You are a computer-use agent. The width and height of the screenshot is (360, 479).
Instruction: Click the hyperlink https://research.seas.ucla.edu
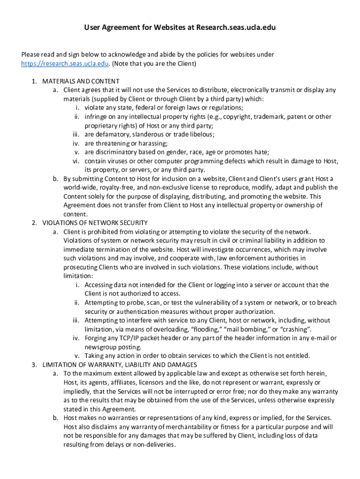(x=65, y=64)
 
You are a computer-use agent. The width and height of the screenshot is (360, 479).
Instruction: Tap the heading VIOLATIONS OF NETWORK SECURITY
(x=95, y=223)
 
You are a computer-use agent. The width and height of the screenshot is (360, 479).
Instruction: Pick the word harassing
(x=152, y=143)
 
